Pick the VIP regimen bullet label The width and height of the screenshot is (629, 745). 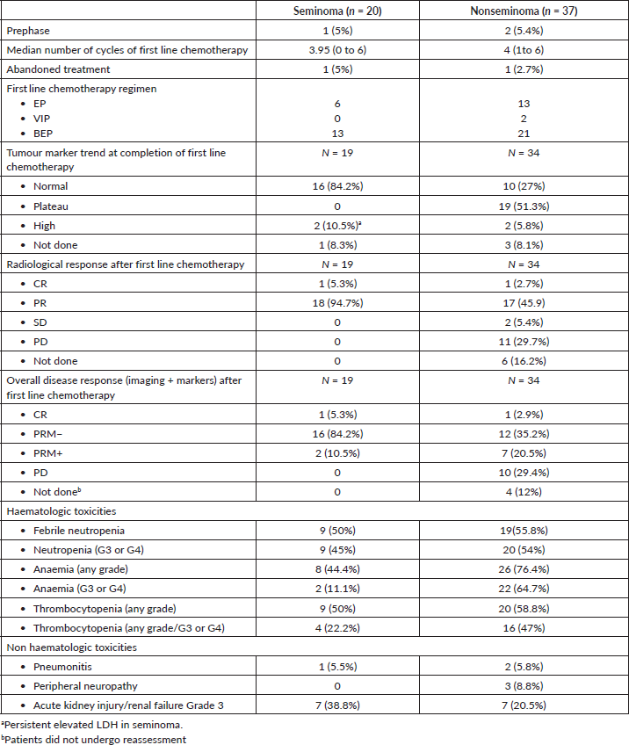point(43,118)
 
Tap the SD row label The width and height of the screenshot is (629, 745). point(41,322)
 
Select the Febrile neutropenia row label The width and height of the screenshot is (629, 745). point(78,531)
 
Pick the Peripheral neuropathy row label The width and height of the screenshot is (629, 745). point(85,686)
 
